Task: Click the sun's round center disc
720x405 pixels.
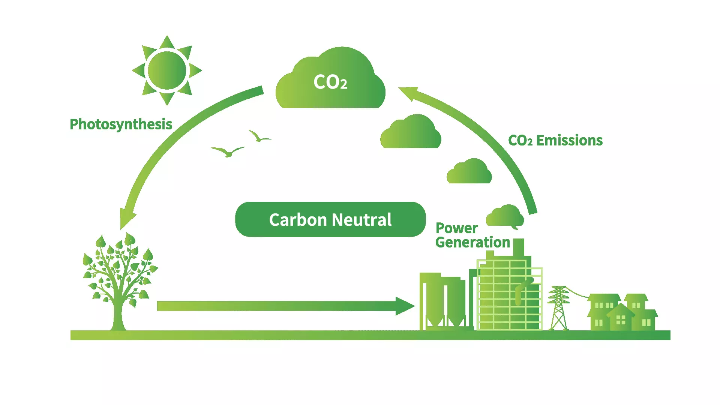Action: [x=167, y=70]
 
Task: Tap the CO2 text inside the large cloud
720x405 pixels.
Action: [x=330, y=82]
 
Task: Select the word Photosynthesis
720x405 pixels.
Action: [x=121, y=124]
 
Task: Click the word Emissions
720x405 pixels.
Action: [x=569, y=141]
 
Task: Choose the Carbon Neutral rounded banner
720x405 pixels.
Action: [x=330, y=219]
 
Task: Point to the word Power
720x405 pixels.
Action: [x=456, y=228]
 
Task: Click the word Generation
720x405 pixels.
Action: [x=472, y=242]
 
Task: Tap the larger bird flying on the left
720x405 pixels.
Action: [x=228, y=151]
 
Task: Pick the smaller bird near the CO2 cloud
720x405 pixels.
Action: [x=259, y=137]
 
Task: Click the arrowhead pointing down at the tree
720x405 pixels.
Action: [x=126, y=219]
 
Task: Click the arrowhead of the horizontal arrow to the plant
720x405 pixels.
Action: [x=404, y=306]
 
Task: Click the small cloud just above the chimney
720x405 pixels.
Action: [x=505, y=216]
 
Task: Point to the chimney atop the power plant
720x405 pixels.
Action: [x=518, y=247]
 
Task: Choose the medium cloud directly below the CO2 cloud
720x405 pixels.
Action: [x=411, y=133]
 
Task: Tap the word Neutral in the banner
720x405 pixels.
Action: [x=361, y=220]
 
